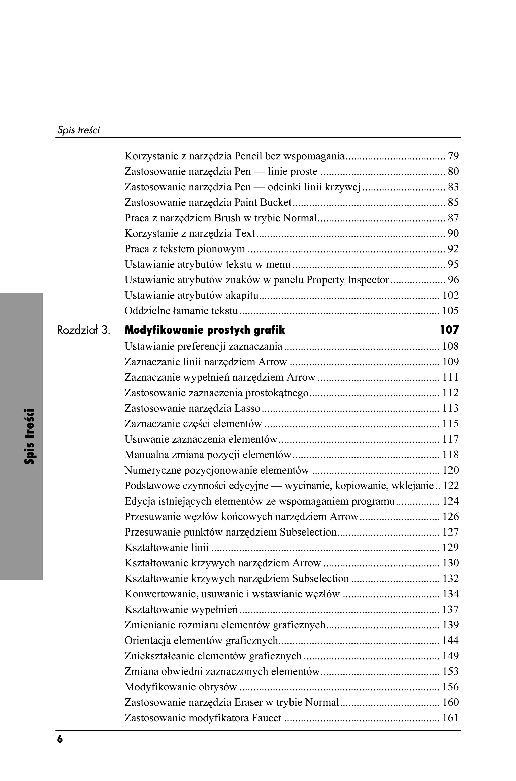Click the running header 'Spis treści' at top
point(78,130)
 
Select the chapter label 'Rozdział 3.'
point(83,330)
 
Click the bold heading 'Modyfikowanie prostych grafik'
point(205,330)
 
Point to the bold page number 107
point(449,330)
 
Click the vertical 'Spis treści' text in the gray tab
point(30,436)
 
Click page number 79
point(453,156)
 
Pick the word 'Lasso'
point(247,408)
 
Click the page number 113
point(450,408)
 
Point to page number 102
point(450,295)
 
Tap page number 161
point(450,718)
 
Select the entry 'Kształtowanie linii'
point(167,548)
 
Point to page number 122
point(450,486)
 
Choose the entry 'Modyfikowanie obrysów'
point(181,687)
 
